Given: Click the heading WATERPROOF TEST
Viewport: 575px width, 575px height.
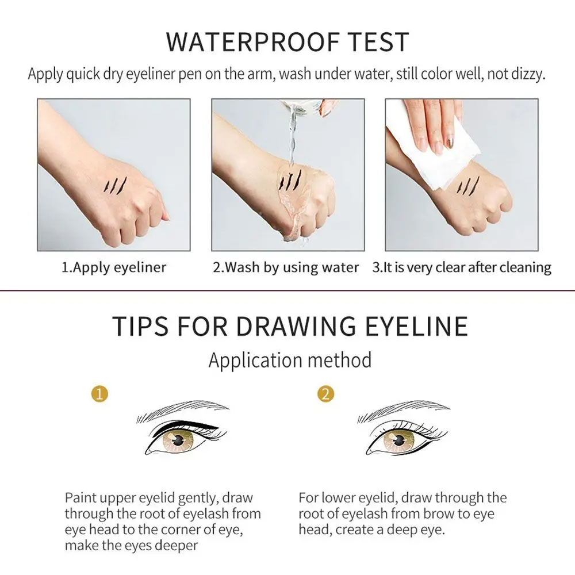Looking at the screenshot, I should tap(287, 43).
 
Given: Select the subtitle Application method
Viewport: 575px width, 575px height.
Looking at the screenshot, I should tap(290, 361).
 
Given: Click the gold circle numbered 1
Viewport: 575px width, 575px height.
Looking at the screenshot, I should tap(101, 394).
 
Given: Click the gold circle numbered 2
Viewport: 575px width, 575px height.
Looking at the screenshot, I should tap(325, 394).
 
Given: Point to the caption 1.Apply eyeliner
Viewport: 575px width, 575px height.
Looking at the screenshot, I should tap(114, 267).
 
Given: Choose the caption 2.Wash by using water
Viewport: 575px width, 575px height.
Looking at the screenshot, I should tap(286, 267).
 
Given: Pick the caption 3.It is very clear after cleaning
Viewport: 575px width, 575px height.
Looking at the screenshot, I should tap(461, 267).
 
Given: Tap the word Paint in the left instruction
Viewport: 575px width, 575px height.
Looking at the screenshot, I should tap(80, 498).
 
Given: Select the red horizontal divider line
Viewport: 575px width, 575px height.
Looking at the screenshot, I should tap(287, 291).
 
